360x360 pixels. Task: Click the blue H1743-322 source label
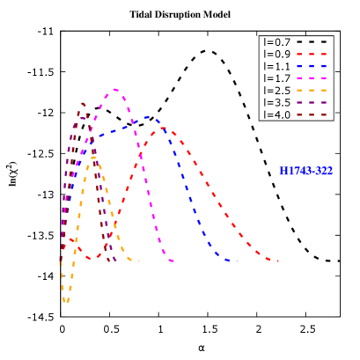(305, 171)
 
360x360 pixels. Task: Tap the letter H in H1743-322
(283, 171)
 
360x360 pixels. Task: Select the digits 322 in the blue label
(324, 171)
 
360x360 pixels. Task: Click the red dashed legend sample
(312, 55)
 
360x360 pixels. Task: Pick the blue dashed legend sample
(312, 66)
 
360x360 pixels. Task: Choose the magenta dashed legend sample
(312, 78)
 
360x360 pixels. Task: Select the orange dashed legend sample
(312, 91)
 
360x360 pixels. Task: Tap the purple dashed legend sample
(312, 103)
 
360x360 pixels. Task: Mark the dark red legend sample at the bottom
(312, 114)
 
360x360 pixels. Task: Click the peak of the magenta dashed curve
(114, 89)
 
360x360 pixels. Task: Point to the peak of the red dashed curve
(164, 129)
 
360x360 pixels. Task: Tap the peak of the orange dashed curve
(92, 158)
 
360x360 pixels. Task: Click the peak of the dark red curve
(82, 104)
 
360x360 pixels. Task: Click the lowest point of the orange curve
(66, 301)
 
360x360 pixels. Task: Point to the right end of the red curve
(278, 261)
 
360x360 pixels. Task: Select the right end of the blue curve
(236, 261)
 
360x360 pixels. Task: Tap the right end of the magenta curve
(173, 261)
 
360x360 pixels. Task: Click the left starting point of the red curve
(69, 239)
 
